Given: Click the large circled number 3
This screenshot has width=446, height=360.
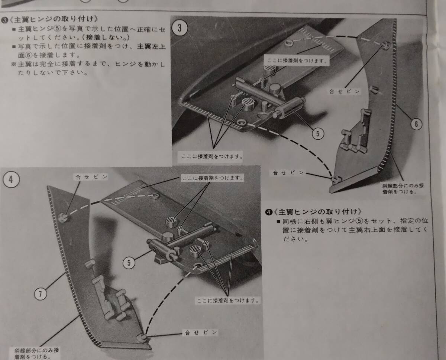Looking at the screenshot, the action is click(180, 28).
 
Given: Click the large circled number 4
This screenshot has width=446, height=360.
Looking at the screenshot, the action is click(11, 179).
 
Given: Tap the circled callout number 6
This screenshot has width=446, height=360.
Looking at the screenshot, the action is click(416, 124).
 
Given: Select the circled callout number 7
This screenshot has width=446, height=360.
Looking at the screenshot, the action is click(40, 294).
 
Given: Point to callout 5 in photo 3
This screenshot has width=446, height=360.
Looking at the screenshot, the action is click(318, 133).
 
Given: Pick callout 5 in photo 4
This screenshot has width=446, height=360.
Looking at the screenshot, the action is click(129, 263).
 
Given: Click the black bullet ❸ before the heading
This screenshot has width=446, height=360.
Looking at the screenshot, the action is click(4, 20).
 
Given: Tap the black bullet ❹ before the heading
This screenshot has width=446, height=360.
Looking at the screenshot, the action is click(269, 212).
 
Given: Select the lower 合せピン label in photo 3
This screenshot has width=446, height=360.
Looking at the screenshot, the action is click(288, 173).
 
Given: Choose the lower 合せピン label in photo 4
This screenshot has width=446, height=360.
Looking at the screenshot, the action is click(201, 333).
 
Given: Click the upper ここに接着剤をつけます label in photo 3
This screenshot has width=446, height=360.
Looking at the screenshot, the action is click(297, 61).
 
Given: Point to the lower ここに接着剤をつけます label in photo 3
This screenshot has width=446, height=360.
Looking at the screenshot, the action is click(212, 156).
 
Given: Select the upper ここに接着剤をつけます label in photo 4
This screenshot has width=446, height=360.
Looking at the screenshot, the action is click(213, 178).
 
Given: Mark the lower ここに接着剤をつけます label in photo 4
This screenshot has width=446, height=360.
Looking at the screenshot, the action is click(227, 301).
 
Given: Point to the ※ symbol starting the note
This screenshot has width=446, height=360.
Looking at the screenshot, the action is click(14, 64).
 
